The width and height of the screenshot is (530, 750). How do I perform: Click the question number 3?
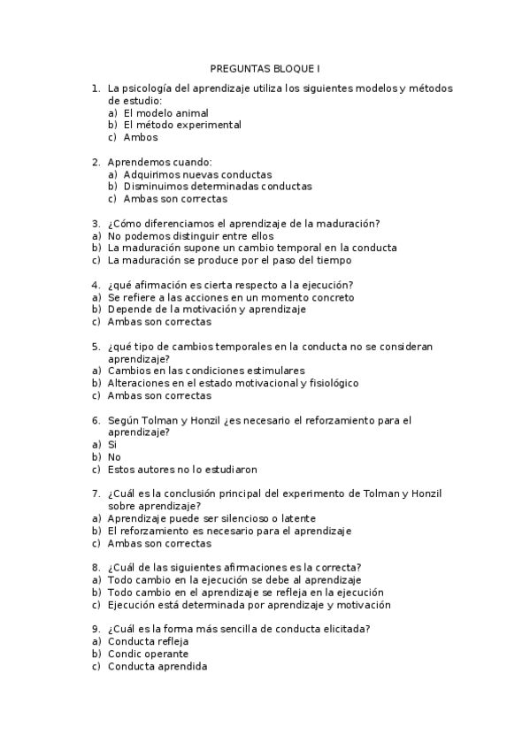coord(96,225)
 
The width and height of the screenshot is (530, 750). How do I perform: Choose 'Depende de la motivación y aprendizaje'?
coord(206,310)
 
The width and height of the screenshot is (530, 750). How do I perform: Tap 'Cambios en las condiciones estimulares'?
coord(206,371)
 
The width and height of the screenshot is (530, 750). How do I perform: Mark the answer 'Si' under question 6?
coord(112,445)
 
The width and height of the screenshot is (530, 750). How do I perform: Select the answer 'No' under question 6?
coord(114,457)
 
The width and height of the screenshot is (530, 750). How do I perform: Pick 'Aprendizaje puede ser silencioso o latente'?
coord(211,518)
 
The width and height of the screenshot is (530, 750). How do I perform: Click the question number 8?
coord(96,568)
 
